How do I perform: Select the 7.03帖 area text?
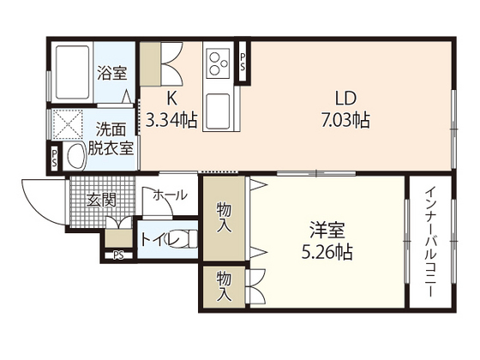coord(341,120)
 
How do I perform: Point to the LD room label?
coord(340,97)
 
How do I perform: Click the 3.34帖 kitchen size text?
coord(172,120)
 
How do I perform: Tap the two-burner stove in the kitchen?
coord(217,62)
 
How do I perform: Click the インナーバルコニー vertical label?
coord(433,243)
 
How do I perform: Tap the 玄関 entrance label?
coord(100,201)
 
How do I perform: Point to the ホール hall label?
coord(169,195)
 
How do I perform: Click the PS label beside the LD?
coord(243,61)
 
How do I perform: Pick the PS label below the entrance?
coord(117,254)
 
